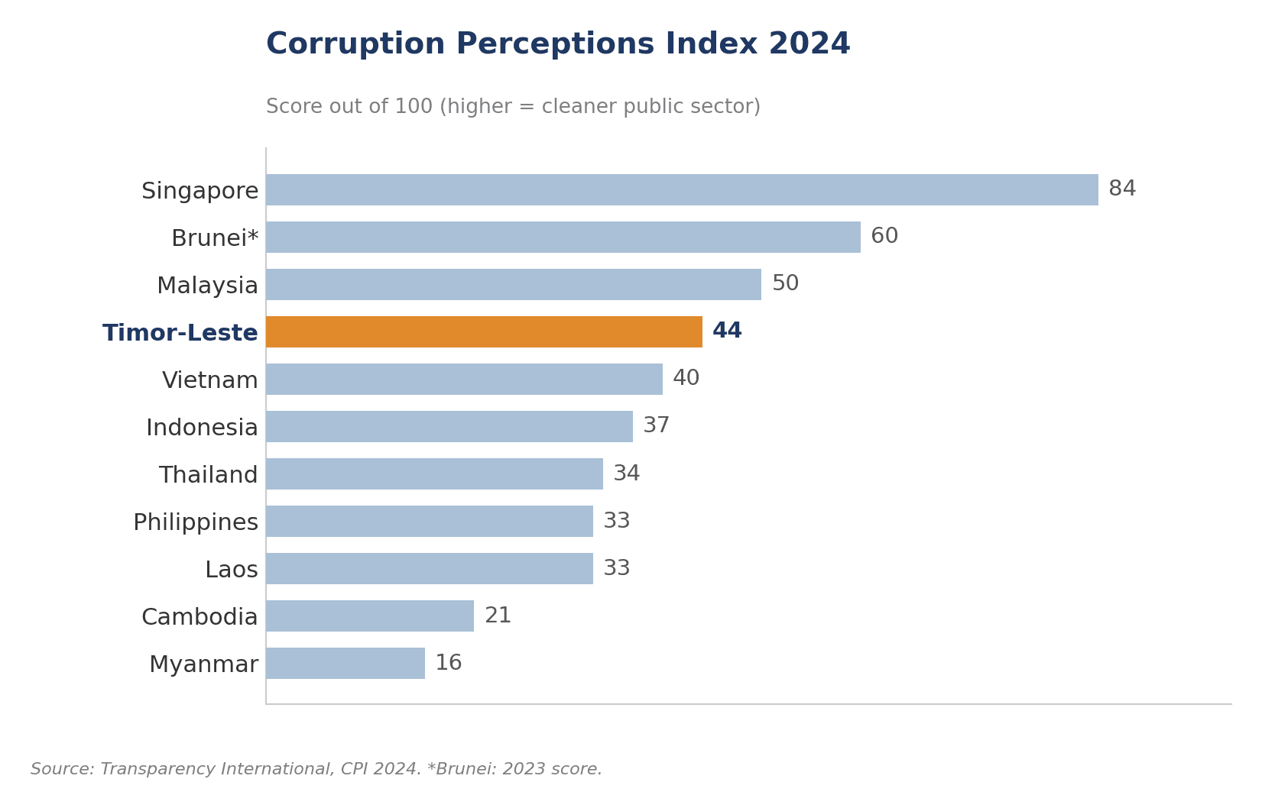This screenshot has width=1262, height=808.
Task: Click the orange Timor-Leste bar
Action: point(484,331)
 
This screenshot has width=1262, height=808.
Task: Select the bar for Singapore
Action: point(682,189)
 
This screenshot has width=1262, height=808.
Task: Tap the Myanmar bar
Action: point(346,664)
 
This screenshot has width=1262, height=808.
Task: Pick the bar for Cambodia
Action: point(370,616)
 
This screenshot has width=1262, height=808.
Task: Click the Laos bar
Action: point(430,569)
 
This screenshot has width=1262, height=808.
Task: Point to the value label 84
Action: point(1121,189)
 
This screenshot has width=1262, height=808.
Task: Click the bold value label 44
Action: point(727,331)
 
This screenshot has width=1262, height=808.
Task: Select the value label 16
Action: point(449,662)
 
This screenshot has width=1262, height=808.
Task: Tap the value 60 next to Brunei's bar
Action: point(884,236)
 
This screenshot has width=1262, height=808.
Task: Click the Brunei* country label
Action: point(215,238)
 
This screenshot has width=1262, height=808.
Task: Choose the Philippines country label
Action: point(196,522)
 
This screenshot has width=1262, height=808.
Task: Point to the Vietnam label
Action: point(209,380)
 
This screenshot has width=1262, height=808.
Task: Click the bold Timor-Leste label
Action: point(180,333)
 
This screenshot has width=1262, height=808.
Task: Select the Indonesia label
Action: point(202,428)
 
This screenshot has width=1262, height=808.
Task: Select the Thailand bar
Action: point(434,474)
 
